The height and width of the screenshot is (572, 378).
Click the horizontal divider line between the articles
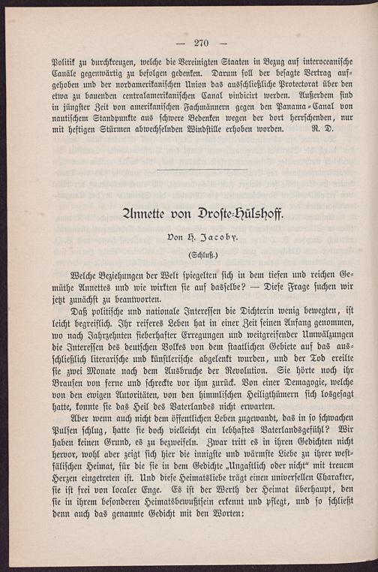(203, 170)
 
